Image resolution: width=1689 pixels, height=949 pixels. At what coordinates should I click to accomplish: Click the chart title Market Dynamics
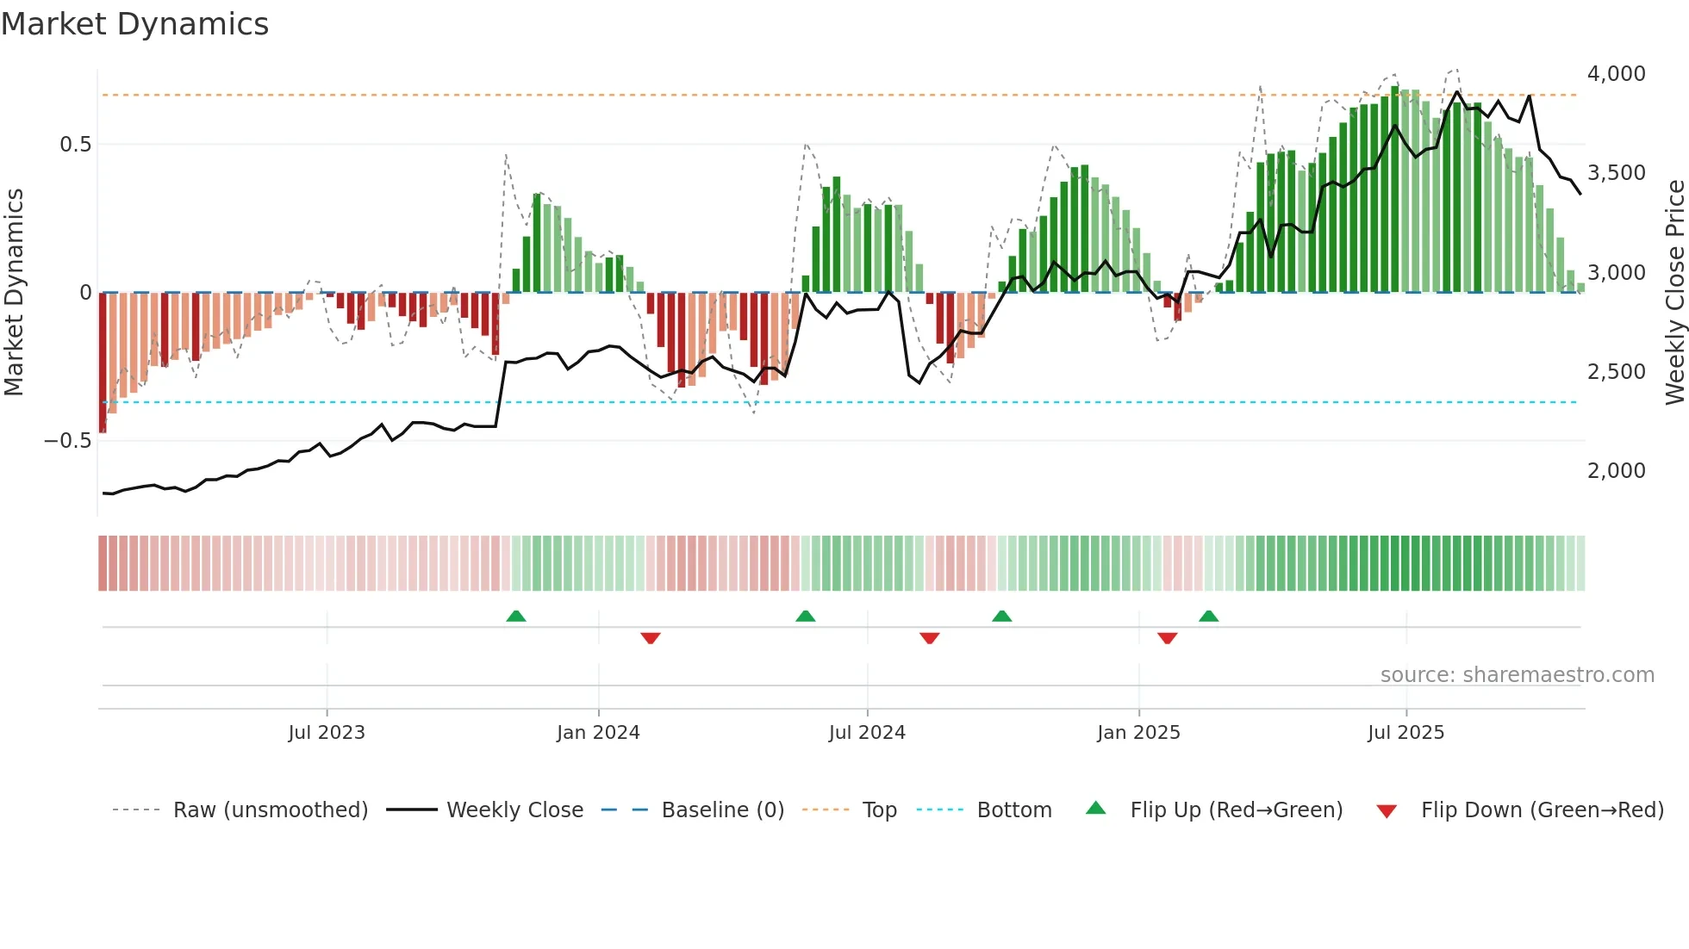click(134, 24)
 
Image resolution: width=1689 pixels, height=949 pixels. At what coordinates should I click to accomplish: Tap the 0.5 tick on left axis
click(75, 145)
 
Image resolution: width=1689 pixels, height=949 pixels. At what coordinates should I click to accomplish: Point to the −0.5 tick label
click(67, 441)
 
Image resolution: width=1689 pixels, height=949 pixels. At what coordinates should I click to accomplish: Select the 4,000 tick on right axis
click(1616, 74)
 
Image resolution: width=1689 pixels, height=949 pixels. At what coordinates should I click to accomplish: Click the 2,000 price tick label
click(1616, 471)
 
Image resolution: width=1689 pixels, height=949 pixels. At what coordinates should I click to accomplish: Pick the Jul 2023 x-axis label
click(327, 733)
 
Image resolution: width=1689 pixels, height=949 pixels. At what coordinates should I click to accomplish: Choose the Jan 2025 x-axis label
click(1138, 733)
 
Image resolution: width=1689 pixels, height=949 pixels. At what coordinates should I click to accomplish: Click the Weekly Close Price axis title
click(1674, 293)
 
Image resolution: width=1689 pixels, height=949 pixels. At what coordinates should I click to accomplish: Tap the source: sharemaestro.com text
click(1517, 675)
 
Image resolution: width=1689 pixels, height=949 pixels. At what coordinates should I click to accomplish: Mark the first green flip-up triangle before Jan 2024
click(516, 617)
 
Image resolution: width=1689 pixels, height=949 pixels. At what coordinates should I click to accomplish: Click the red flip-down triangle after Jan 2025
click(1168, 638)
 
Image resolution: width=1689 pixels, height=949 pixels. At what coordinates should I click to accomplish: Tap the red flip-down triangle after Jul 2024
click(929, 638)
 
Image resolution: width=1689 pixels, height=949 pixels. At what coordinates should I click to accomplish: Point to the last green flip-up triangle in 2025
click(1209, 617)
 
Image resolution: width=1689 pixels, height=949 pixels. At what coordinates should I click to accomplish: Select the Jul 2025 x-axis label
click(1405, 733)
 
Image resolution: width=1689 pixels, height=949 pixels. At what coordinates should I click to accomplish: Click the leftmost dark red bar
click(103, 362)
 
